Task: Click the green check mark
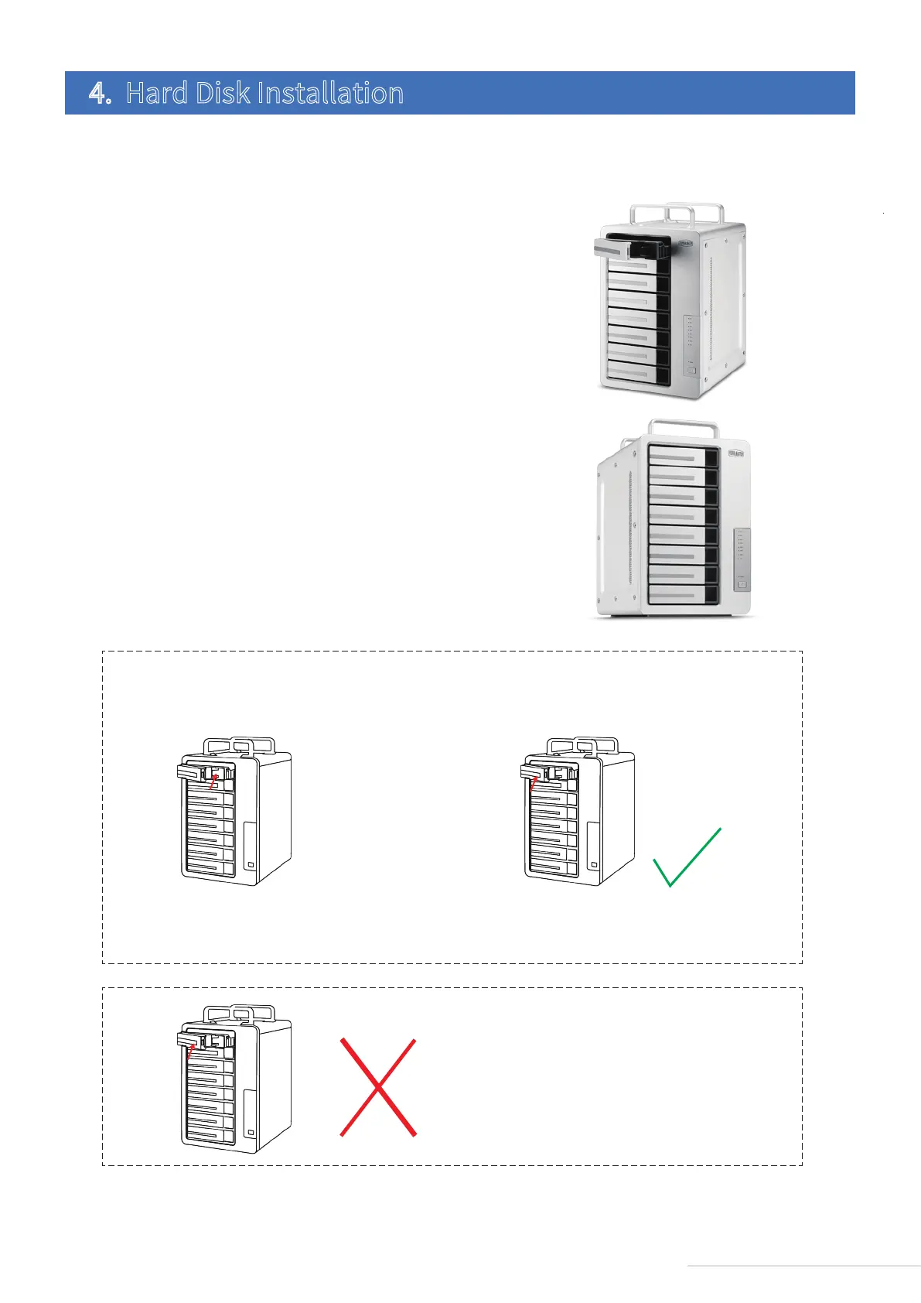[687, 859]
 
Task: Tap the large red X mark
[378, 1087]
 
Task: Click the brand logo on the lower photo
[738, 453]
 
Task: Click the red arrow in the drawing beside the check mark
[533, 783]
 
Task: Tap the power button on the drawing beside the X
[250, 1134]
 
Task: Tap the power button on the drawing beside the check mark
[593, 865]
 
